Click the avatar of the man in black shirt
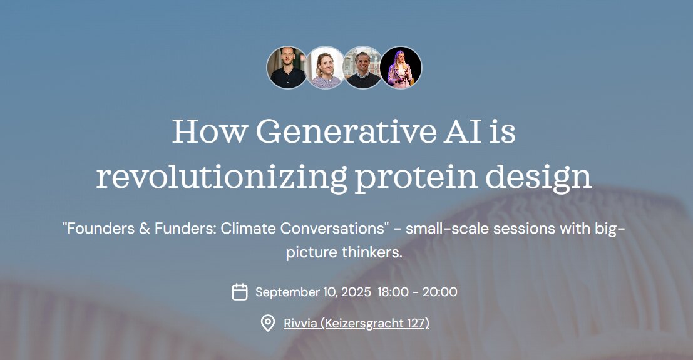pyautogui.click(x=287, y=68)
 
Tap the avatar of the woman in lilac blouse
pyautogui.click(x=325, y=68)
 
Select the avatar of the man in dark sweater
pyautogui.click(x=363, y=68)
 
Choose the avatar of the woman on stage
pyautogui.click(x=401, y=68)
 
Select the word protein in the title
pyautogui.click(x=416, y=178)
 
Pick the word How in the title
pyautogui.click(x=210, y=131)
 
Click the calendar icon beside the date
pyautogui.click(x=240, y=292)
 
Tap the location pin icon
pyautogui.click(x=267, y=323)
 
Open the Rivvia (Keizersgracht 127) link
pyautogui.click(x=356, y=323)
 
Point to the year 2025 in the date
pyautogui.click(x=356, y=292)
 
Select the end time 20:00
pyautogui.click(x=439, y=292)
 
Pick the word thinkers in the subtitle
pyautogui.click(x=372, y=252)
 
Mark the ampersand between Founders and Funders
pyautogui.click(x=145, y=229)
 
